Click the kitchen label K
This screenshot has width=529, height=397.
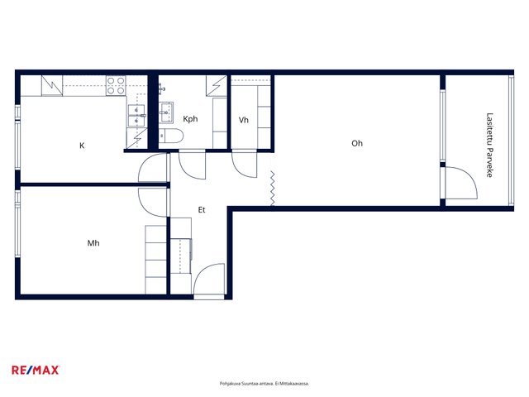[82, 146]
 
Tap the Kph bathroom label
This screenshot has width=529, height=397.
[190, 119]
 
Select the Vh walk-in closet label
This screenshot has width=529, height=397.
[244, 120]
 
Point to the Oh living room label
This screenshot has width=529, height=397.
[357, 143]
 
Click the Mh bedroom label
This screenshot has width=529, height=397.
[93, 243]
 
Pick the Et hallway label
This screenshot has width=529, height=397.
[202, 210]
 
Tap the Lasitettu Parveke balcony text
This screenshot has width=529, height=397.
[489, 145]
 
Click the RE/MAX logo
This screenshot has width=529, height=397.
[36, 370]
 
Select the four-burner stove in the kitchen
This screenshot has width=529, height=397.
[116, 85]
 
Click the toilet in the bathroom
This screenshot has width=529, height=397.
[171, 136]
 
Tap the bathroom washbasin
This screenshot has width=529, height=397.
[166, 112]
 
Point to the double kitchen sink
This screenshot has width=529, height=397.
[136, 116]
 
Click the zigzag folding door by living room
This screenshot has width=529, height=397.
[272, 189]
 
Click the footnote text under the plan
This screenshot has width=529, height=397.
[264, 384]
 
